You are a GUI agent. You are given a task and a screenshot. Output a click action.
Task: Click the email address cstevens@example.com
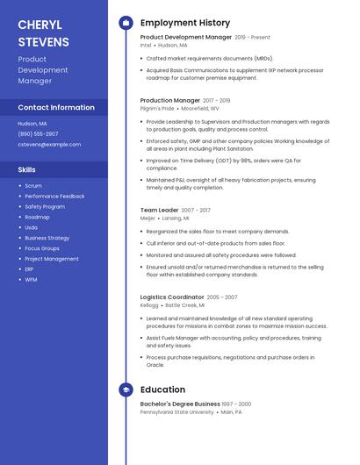[x=49, y=144]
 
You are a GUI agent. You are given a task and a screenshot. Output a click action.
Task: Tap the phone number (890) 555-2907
[x=39, y=133]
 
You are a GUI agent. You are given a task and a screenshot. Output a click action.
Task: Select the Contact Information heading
[x=56, y=107]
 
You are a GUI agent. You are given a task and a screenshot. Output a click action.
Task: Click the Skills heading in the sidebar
[x=27, y=169]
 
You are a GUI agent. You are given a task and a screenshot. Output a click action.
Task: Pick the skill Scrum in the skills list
[x=33, y=186]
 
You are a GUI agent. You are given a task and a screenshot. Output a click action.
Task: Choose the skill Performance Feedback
[x=54, y=197]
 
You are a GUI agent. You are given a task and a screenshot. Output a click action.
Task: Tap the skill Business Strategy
[x=47, y=238]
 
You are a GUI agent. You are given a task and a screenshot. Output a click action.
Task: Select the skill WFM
[x=31, y=280]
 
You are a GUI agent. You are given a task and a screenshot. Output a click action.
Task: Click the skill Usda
[x=32, y=227]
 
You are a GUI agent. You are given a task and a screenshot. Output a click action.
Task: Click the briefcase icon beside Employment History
[x=126, y=23]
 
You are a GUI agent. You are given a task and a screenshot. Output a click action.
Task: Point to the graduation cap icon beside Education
[x=126, y=390]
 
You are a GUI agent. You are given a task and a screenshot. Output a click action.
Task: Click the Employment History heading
[x=185, y=23]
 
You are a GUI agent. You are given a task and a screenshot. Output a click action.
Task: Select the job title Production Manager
[x=170, y=101]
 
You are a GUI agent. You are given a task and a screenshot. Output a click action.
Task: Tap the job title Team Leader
[x=160, y=211]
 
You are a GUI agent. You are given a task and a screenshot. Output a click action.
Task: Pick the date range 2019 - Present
[x=253, y=38]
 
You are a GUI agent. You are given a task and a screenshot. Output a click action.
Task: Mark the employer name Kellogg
[x=149, y=305]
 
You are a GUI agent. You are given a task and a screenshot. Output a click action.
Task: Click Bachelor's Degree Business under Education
[x=180, y=404]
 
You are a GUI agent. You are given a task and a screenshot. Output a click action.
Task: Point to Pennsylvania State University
[x=176, y=411]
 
